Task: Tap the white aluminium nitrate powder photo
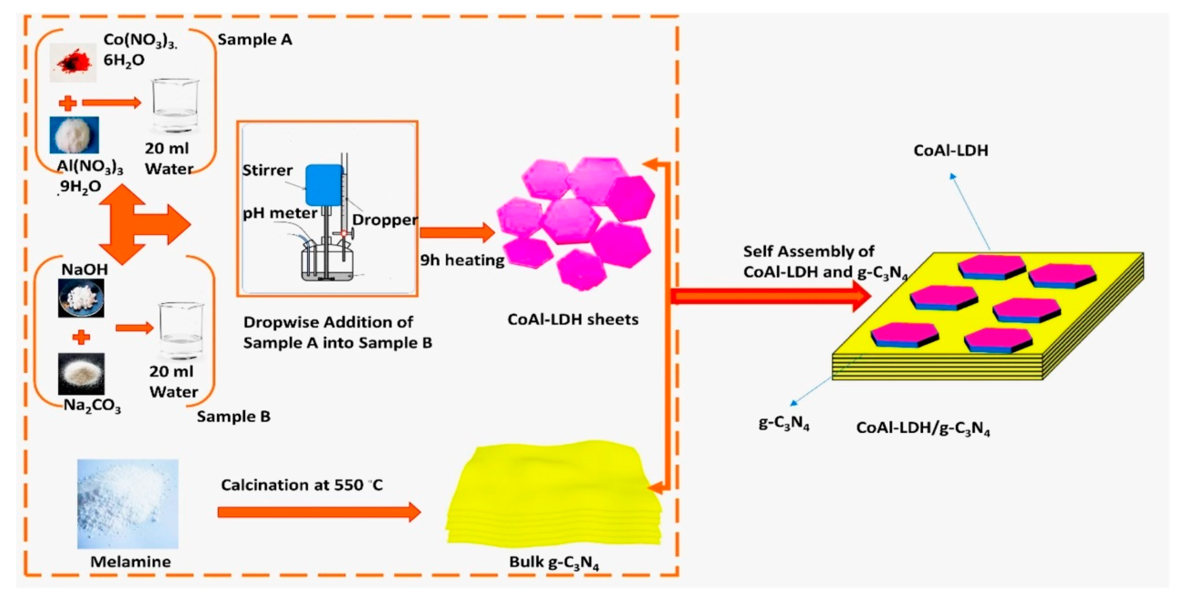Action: coord(74,135)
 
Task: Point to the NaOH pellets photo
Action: coord(81,298)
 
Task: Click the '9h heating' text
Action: coord(462,260)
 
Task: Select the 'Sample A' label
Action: coord(255,40)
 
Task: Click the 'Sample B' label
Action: coord(234,417)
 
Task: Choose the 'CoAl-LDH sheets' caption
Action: coord(573,320)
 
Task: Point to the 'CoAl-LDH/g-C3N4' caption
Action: coord(923,429)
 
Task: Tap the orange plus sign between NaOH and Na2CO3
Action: coord(81,338)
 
